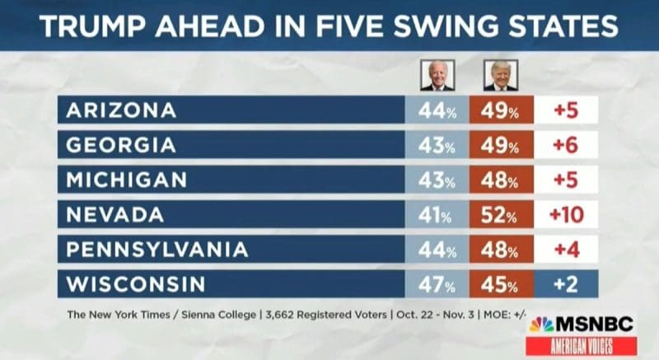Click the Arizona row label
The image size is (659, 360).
pyautogui.click(x=120, y=110)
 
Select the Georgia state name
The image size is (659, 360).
pyautogui.click(x=120, y=145)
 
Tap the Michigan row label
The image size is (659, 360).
pyautogui.click(x=126, y=180)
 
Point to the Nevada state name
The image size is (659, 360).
pyautogui.click(x=115, y=214)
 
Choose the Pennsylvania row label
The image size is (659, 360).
pyautogui.click(x=156, y=249)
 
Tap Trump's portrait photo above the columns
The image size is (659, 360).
pyautogui.click(x=499, y=77)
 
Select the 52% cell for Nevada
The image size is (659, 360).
pyautogui.click(x=498, y=214)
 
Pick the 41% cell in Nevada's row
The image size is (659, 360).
pyautogui.click(x=435, y=214)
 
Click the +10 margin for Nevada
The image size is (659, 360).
pyautogui.click(x=566, y=214)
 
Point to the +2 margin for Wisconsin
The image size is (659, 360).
pyautogui.click(x=566, y=284)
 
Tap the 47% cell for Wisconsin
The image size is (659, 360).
pyautogui.click(x=435, y=284)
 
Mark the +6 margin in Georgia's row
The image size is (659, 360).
pyautogui.click(x=566, y=145)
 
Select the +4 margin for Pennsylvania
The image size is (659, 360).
pyautogui.click(x=566, y=249)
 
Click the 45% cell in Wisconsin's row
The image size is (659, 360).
pyautogui.click(x=498, y=284)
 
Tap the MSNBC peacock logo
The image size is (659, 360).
pyautogui.click(x=541, y=325)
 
